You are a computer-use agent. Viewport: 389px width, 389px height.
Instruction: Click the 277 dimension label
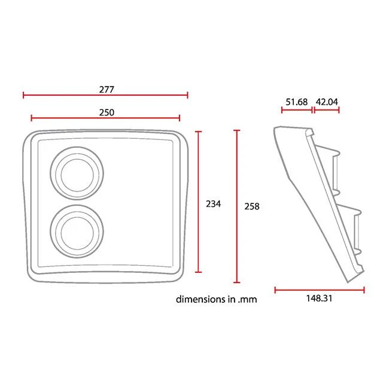click(107, 90)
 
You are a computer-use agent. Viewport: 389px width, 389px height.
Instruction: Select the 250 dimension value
click(107, 113)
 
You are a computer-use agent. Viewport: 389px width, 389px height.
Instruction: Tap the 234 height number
click(214, 204)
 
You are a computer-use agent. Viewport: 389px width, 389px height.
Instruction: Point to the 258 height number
click(252, 206)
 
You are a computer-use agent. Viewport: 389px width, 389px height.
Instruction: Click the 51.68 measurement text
click(296, 102)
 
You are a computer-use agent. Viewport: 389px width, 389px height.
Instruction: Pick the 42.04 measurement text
click(327, 102)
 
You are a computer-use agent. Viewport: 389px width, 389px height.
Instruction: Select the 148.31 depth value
click(319, 299)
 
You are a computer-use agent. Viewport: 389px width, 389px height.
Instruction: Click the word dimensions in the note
click(201, 299)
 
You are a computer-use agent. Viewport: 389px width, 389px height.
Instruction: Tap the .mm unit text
click(247, 300)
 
